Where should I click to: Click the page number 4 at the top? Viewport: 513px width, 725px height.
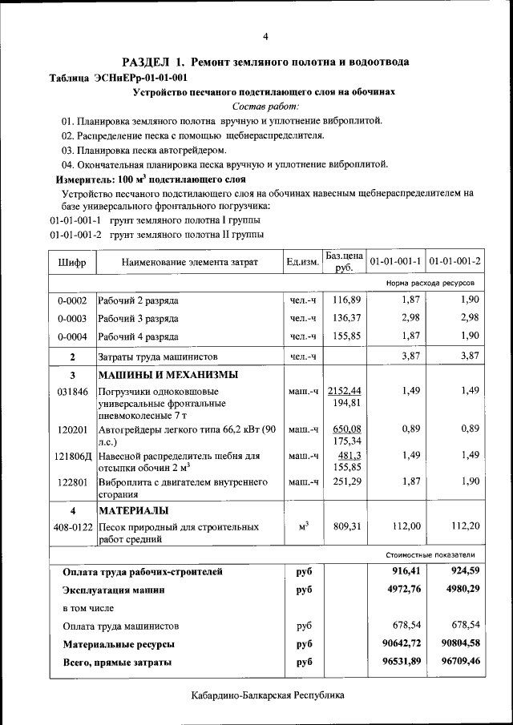click(265, 36)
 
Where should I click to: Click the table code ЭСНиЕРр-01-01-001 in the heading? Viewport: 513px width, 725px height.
click(141, 78)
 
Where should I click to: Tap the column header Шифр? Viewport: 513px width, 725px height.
click(72, 262)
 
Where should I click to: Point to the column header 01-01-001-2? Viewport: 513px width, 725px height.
click(454, 262)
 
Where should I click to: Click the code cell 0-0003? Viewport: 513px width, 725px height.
click(72, 319)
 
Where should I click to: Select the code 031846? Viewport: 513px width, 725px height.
click(72, 391)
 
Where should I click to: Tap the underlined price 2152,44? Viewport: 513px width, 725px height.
click(344, 390)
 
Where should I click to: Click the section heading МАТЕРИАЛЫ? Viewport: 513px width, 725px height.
click(133, 510)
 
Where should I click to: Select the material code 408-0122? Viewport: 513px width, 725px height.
click(72, 527)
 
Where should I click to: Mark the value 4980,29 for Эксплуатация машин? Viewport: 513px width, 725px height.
click(456, 590)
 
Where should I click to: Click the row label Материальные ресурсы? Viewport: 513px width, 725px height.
click(119, 643)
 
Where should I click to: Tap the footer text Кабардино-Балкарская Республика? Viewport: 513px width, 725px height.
click(268, 695)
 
